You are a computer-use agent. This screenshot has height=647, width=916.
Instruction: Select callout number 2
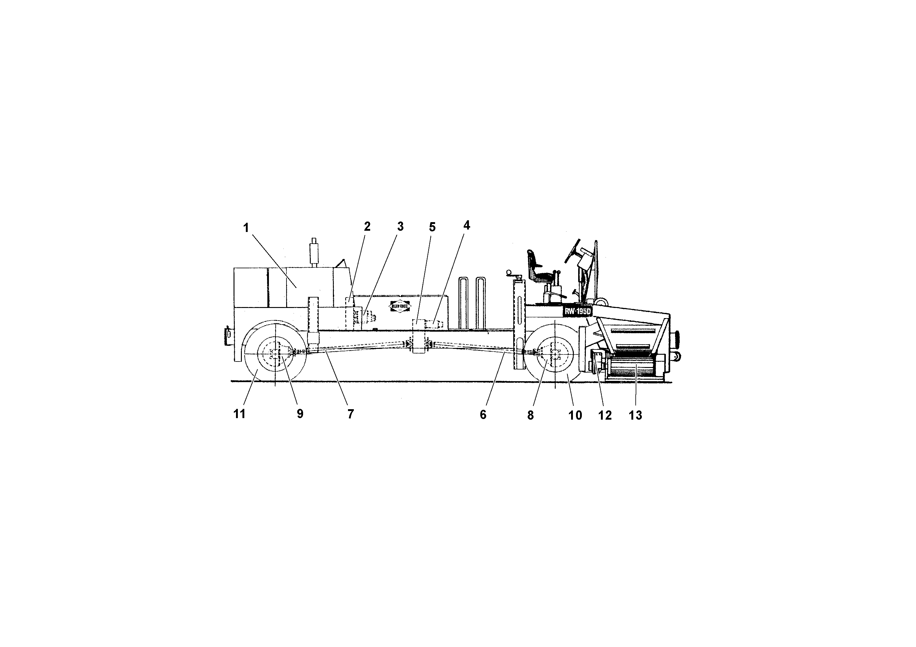(367, 226)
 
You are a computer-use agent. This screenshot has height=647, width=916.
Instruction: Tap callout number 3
(400, 226)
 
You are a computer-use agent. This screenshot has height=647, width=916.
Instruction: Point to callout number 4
(466, 226)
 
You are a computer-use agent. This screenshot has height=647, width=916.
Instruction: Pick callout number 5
(432, 227)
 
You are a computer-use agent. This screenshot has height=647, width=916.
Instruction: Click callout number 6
(483, 415)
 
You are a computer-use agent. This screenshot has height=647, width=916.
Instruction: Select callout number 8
(530, 415)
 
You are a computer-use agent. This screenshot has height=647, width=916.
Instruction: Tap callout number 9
(300, 414)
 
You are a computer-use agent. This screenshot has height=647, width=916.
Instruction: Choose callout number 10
(575, 415)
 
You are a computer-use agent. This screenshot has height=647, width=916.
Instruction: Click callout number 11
(239, 414)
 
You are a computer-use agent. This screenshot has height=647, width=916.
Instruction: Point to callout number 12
(605, 415)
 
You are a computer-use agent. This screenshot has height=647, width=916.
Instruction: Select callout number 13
(635, 415)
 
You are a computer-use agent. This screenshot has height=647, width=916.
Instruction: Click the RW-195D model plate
(577, 311)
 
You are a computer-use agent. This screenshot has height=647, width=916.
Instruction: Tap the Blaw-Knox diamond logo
(399, 306)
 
